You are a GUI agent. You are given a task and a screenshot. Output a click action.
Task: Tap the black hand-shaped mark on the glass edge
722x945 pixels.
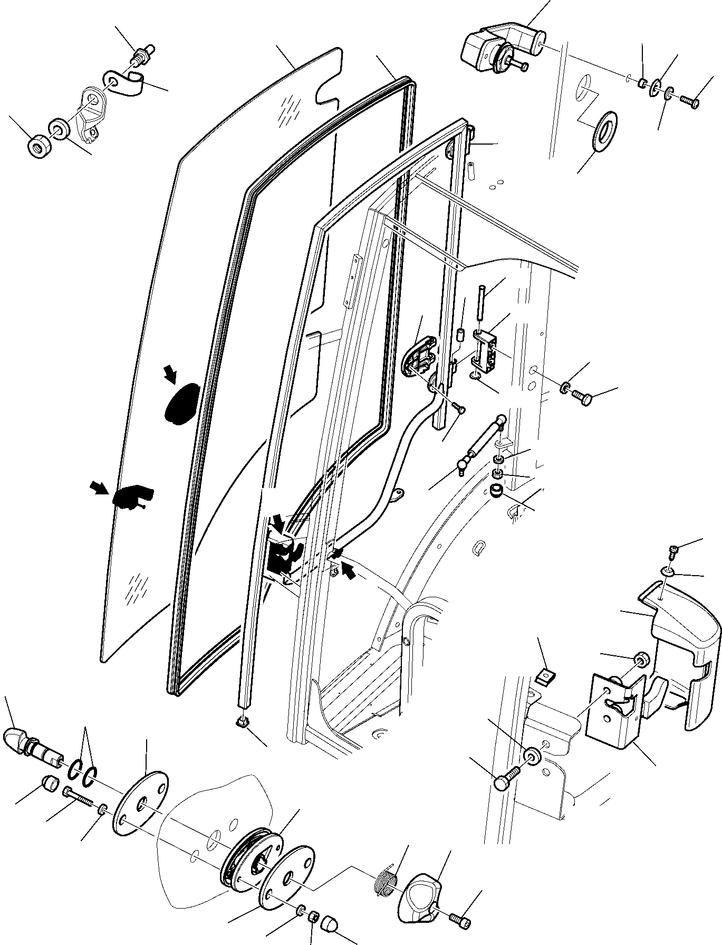coord(131,497)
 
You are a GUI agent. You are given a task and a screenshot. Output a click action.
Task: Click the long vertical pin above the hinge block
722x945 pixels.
coord(482,302)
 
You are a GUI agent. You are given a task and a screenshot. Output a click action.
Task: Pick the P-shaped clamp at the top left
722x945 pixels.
coord(127,83)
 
